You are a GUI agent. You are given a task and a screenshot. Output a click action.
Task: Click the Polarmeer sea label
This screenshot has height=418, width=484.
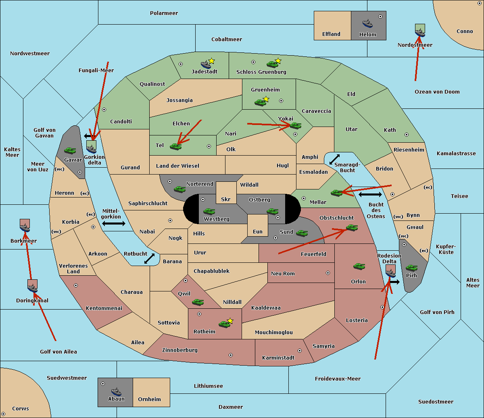pos(164,13)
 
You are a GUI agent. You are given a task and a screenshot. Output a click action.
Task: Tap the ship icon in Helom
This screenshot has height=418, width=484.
pos(367,23)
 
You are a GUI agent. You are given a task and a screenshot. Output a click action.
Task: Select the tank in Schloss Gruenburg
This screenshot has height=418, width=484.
pos(272,64)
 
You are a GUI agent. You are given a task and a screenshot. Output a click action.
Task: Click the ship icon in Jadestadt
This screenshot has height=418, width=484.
pos(206,64)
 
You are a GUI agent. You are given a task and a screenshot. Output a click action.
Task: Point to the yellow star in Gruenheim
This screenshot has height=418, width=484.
pos(266,99)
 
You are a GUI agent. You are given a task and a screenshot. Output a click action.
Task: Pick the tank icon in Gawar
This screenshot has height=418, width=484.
pos(70,150)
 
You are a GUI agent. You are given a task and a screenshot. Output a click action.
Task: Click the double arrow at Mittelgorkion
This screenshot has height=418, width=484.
pos(114,224)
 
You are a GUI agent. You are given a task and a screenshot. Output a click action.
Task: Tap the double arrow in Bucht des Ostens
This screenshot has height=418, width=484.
pos(370,195)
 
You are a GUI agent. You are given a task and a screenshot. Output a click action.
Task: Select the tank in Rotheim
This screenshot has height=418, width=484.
pos(224,324)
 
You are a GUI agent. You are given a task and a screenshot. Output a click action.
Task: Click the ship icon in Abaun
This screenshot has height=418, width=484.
pos(116,391)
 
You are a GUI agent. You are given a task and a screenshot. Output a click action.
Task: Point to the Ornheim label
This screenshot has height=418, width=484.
pos(149,399)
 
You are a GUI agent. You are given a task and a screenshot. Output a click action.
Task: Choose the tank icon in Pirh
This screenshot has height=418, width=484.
pos(411,268)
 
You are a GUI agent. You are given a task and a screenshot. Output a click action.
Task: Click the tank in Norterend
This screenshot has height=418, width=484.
pos(179,189)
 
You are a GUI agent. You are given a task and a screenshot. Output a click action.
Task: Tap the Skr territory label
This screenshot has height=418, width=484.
pos(226,200)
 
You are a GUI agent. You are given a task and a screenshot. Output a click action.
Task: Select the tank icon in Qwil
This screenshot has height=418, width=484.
pos(198,302)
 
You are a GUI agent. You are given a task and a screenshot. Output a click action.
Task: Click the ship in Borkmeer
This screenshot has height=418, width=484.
pos(25,228)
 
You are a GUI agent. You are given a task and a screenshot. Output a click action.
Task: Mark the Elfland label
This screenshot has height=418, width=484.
pos(331,34)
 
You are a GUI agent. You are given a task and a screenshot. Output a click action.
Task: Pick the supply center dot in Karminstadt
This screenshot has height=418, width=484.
pos(300,351)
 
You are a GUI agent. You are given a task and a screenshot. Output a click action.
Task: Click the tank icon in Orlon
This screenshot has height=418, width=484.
pos(359,266)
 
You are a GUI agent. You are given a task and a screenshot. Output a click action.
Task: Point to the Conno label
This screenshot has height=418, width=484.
pos(465,31)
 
